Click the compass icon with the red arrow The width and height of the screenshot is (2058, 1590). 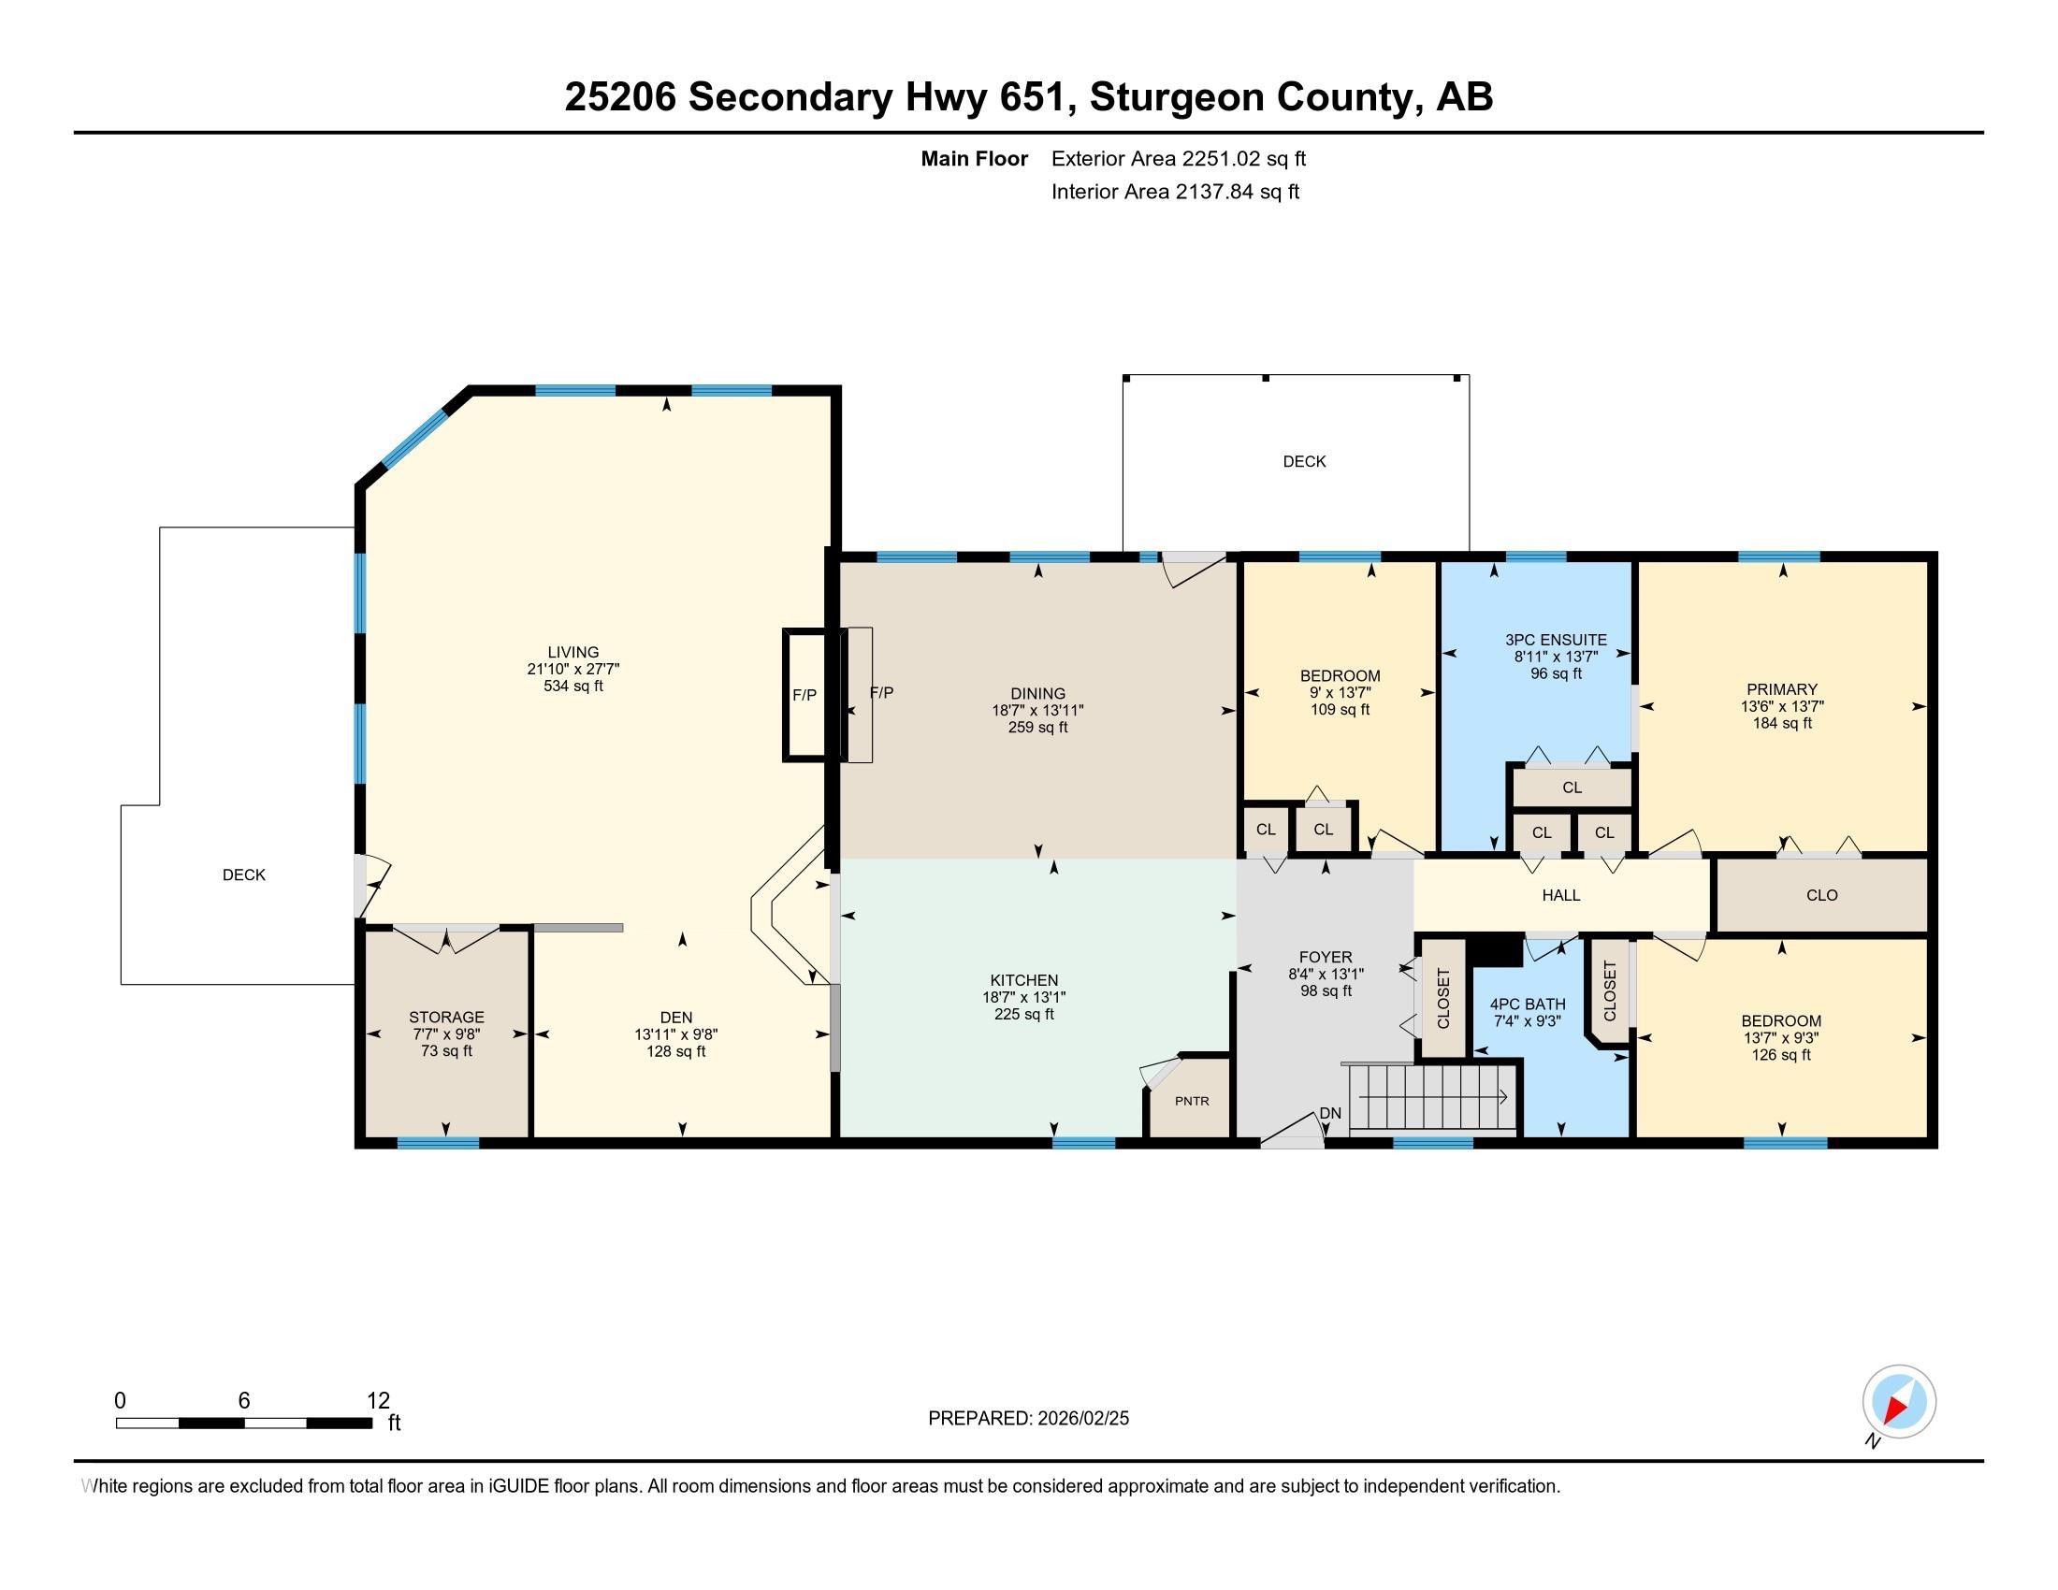1899,1401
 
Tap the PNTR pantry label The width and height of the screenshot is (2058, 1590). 1192,1101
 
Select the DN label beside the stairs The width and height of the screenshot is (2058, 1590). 1329,1113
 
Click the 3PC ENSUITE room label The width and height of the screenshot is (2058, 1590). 1556,640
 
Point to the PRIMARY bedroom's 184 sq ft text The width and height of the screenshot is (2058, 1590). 1782,723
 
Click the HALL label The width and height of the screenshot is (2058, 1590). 1561,896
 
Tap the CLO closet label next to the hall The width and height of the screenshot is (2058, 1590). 1821,896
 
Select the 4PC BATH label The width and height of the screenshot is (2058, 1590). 1528,1005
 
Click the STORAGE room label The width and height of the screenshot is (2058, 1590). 446,1018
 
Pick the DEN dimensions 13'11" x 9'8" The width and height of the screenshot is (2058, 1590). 675,1034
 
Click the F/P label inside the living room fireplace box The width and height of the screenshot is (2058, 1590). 804,695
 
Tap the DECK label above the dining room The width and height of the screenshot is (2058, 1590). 1304,461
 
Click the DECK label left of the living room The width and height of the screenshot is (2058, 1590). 244,875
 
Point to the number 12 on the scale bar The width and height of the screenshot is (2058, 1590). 378,1401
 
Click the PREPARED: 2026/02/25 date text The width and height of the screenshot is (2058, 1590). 1028,1419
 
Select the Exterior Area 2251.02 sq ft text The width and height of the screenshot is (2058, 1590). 1178,159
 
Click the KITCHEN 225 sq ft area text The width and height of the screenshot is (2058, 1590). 1024,1015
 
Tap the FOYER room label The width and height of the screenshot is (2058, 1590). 1325,957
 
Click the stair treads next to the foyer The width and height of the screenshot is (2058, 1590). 1428,1097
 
